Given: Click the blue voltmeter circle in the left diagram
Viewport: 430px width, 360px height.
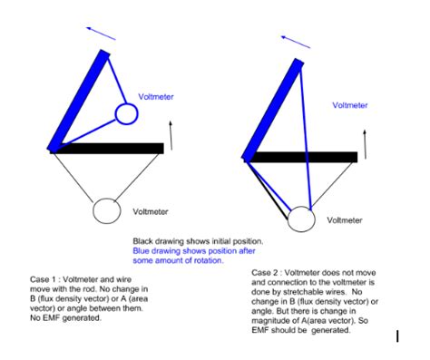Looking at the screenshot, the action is click(126, 104).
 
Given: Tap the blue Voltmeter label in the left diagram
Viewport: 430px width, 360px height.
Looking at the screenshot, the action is click(156, 97).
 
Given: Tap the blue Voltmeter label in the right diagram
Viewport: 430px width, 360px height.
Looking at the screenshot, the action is click(350, 105).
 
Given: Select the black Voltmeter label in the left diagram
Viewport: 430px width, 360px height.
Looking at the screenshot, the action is click(151, 211).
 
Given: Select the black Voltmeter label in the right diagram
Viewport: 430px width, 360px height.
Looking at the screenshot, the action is click(345, 220).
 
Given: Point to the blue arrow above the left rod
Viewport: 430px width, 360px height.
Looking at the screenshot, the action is click(101, 34).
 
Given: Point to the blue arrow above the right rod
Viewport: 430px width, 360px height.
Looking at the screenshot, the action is click(296, 42).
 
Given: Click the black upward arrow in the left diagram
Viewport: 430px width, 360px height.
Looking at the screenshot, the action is click(171, 135).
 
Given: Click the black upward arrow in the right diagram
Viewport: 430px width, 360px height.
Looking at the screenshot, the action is click(366, 144).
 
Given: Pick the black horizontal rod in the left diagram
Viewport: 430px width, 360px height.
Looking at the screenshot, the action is click(107, 149).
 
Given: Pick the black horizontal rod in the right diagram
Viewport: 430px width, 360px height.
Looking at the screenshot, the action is click(301, 157).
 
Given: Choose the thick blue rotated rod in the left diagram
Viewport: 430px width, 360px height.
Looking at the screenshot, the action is click(79, 102).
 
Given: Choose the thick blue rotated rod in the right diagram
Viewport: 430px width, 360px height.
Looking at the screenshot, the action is click(273, 110).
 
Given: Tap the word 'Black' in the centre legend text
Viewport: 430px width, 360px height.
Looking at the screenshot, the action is click(143, 241).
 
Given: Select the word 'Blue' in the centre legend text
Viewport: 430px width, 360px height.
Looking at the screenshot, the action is click(141, 251).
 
